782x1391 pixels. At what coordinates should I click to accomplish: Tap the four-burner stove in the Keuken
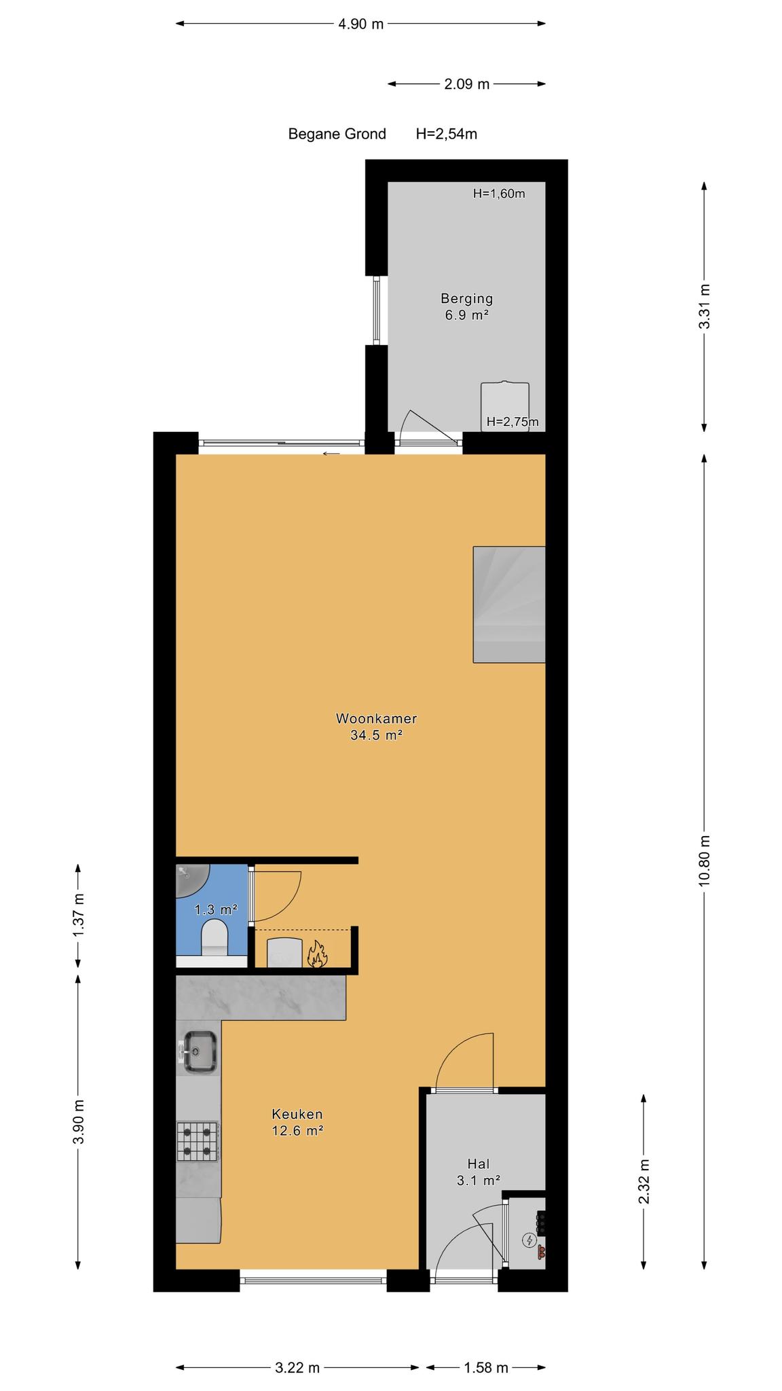[198, 1142]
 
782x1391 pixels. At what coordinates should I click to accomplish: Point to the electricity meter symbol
[529, 1241]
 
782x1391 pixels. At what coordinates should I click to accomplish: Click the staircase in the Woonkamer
[509, 604]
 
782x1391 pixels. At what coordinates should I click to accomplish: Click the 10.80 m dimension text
[705, 860]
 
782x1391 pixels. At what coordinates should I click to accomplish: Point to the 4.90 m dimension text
[361, 24]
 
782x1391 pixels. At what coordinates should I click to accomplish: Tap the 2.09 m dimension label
[467, 84]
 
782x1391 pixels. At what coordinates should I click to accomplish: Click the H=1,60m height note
[499, 194]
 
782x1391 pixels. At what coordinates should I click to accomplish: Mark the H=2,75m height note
[513, 422]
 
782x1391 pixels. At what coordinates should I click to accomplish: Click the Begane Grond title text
[337, 134]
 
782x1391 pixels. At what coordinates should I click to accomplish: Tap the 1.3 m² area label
[216, 909]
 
